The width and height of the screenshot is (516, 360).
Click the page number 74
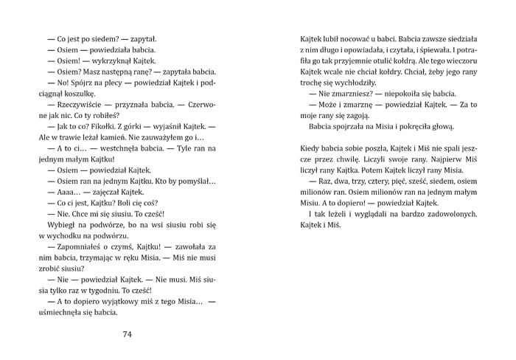[x=127, y=334]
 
